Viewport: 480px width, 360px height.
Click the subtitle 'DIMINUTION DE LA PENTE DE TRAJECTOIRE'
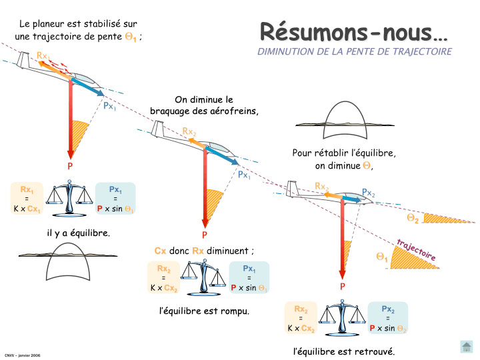354,51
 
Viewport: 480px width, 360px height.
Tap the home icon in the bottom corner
467,347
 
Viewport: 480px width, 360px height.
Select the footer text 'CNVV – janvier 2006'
22,355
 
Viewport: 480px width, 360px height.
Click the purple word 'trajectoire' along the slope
416,249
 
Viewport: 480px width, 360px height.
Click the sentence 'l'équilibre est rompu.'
204,311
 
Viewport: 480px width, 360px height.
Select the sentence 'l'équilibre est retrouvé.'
344,351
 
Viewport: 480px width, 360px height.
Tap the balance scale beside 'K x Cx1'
73,198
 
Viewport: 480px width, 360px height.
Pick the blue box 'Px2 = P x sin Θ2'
388,319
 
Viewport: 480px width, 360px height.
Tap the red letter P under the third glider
343,287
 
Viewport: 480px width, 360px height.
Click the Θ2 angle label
413,219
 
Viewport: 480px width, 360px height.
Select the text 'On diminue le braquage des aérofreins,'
203,105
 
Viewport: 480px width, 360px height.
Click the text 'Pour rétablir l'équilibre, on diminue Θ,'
344,159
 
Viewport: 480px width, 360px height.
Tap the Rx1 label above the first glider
43,56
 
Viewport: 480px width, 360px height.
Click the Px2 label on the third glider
369,193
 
